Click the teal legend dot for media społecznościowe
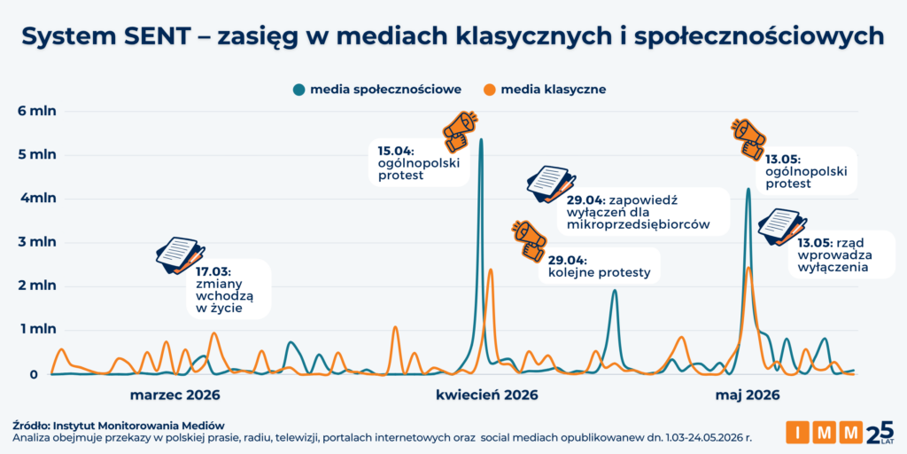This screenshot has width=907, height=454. pyautogui.click(x=299, y=90)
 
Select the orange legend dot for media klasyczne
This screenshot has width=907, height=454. pyautogui.click(x=490, y=90)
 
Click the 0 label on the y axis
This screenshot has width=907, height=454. pyautogui.click(x=35, y=374)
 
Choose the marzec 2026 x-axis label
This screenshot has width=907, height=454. pyautogui.click(x=174, y=395)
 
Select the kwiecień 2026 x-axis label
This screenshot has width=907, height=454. pyautogui.click(x=487, y=395)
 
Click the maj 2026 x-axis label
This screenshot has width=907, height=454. pyautogui.click(x=748, y=395)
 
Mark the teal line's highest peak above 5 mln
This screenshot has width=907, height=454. pyautogui.click(x=481, y=139)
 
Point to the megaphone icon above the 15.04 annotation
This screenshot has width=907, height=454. pyautogui.click(x=460, y=131)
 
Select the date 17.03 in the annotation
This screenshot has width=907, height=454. pyautogui.click(x=212, y=270)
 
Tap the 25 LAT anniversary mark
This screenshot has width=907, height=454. pyautogui.click(x=880, y=433)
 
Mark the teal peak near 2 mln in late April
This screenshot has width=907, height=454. pyautogui.click(x=615, y=291)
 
